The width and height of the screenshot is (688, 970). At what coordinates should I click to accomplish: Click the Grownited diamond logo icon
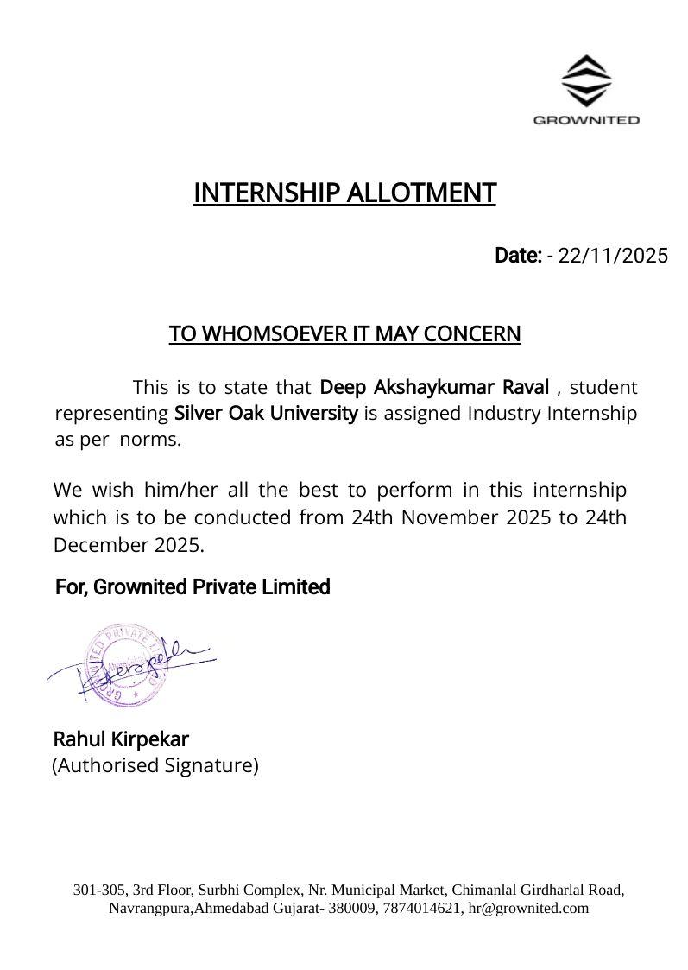[586, 80]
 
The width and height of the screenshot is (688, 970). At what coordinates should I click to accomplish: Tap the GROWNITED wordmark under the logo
[586, 120]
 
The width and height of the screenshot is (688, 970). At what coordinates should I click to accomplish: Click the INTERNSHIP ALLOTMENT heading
[344, 193]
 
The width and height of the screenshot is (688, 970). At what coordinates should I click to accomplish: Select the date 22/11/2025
[613, 256]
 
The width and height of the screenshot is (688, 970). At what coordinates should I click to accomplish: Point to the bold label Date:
[518, 256]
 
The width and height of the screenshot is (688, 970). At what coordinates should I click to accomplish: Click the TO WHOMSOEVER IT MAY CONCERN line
[344, 333]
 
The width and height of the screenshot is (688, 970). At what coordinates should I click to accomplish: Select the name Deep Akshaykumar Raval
[434, 386]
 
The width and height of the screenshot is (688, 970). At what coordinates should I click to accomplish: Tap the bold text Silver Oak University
[266, 413]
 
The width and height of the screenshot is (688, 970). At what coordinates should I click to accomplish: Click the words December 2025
[129, 545]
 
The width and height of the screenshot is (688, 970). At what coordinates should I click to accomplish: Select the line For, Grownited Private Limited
[193, 587]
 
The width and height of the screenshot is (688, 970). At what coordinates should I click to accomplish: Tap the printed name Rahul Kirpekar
[121, 739]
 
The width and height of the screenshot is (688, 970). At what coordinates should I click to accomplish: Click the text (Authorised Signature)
[155, 765]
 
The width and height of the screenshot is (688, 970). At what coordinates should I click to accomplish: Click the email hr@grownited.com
[528, 908]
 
